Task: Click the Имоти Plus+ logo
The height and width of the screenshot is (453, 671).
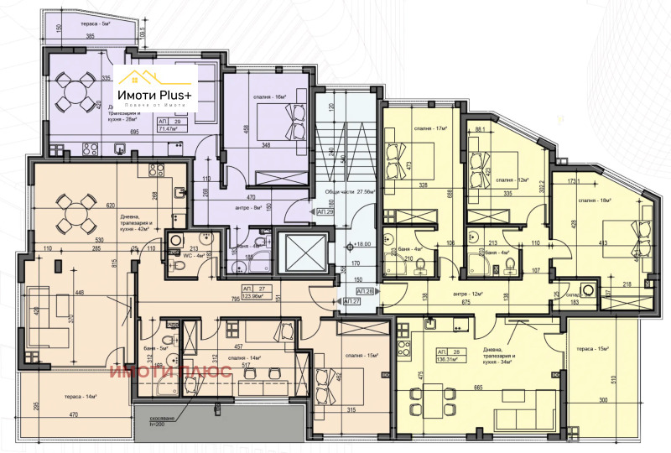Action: tap(155, 83)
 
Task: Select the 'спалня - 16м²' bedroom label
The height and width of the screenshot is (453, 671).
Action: tap(270, 97)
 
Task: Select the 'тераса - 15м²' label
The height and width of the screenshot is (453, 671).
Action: tap(589, 348)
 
